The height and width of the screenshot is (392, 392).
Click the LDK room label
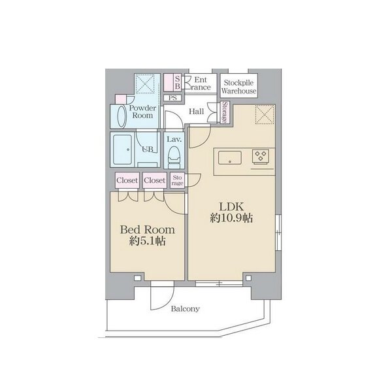[231, 206]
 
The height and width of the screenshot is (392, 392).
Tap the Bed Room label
[147, 230]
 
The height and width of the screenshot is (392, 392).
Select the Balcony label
[186, 309]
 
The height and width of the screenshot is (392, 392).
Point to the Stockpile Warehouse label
[238, 86]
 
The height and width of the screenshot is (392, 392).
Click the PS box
[172, 98]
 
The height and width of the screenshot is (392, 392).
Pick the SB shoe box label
[177, 82]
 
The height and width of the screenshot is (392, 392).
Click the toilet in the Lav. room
[174, 157]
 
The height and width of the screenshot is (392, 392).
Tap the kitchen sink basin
[230, 157]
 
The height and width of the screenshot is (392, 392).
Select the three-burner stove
[261, 156]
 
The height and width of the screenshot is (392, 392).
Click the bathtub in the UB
[123, 150]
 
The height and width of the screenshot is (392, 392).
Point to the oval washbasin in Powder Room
[121, 116]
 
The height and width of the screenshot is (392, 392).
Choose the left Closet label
[127, 180]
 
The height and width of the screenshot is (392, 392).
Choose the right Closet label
[154, 180]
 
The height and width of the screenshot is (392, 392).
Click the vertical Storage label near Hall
[225, 112]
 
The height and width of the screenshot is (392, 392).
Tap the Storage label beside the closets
[177, 180]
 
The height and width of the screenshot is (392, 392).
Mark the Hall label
[196, 111]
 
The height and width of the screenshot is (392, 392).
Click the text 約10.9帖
[231, 218]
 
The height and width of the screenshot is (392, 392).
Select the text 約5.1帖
[147, 241]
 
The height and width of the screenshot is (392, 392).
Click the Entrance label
[200, 84]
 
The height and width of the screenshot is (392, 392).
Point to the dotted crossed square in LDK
[265, 114]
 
